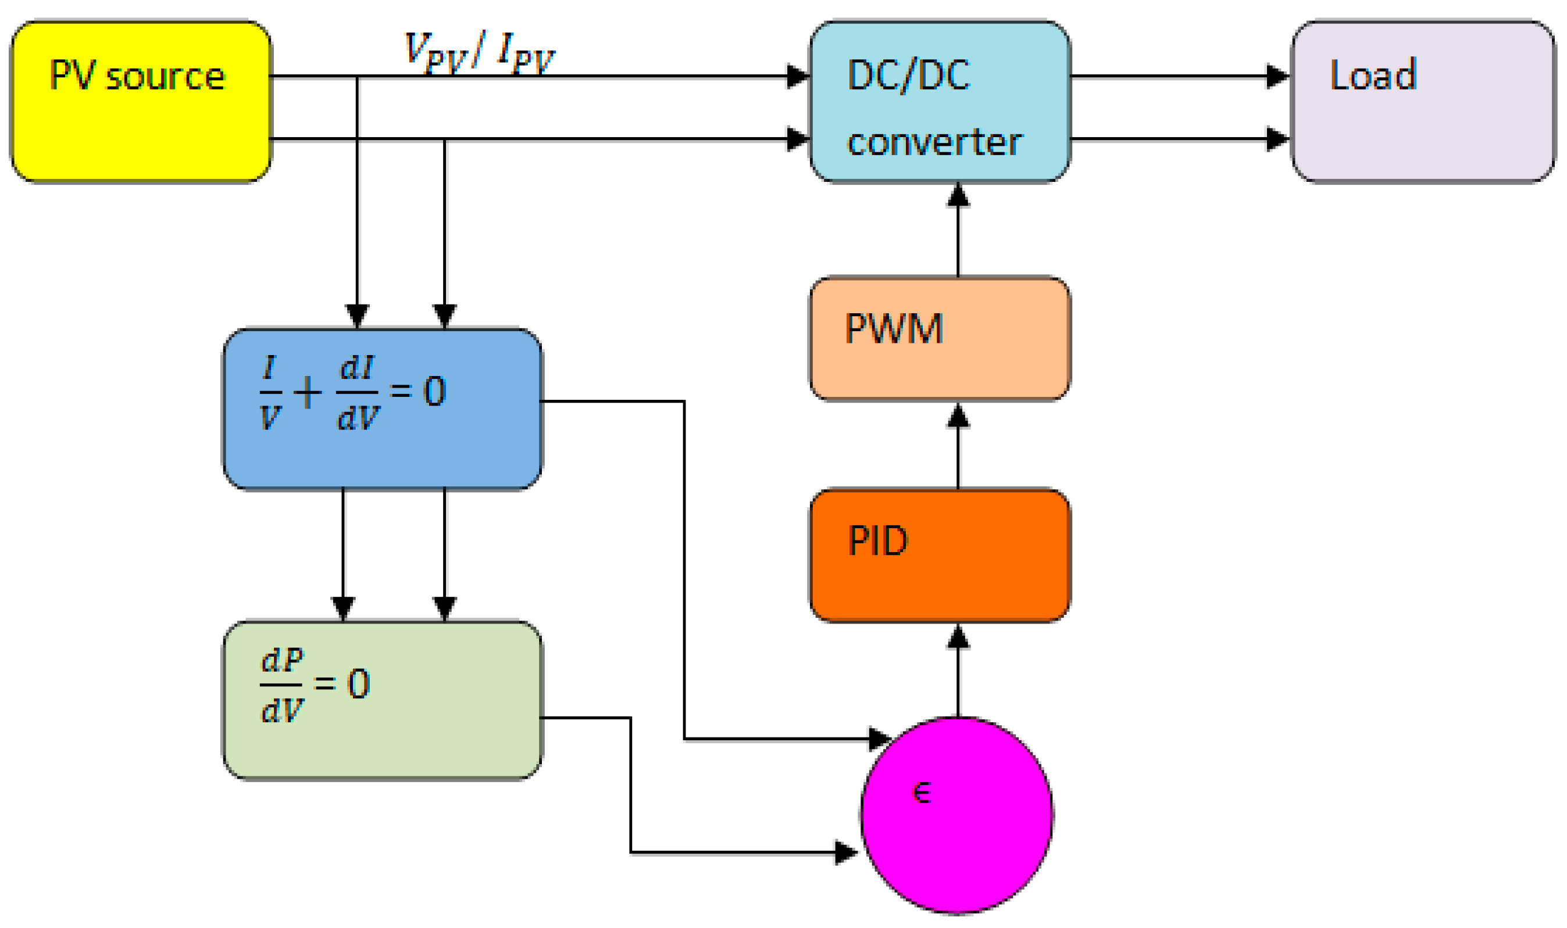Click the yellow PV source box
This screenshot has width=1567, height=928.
coord(141,102)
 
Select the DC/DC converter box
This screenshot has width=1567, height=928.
coord(940,102)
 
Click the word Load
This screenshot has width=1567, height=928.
coord(1372,75)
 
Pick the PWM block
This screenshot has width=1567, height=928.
coord(940,338)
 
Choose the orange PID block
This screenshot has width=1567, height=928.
coord(940,556)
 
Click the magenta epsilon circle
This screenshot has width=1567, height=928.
coord(957,826)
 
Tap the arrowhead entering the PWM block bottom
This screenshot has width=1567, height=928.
coord(958,416)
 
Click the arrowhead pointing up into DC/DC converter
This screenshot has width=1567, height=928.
coord(958,195)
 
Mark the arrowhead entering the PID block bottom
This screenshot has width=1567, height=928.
coord(958,638)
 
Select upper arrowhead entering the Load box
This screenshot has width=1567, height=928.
coord(1277,76)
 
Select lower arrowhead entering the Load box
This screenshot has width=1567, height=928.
coord(1277,139)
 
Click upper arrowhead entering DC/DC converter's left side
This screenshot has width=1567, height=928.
coord(798,76)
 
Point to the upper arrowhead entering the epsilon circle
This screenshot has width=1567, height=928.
coord(880,739)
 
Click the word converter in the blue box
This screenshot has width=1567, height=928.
coord(934,142)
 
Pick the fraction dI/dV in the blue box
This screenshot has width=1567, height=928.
coord(358,393)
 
